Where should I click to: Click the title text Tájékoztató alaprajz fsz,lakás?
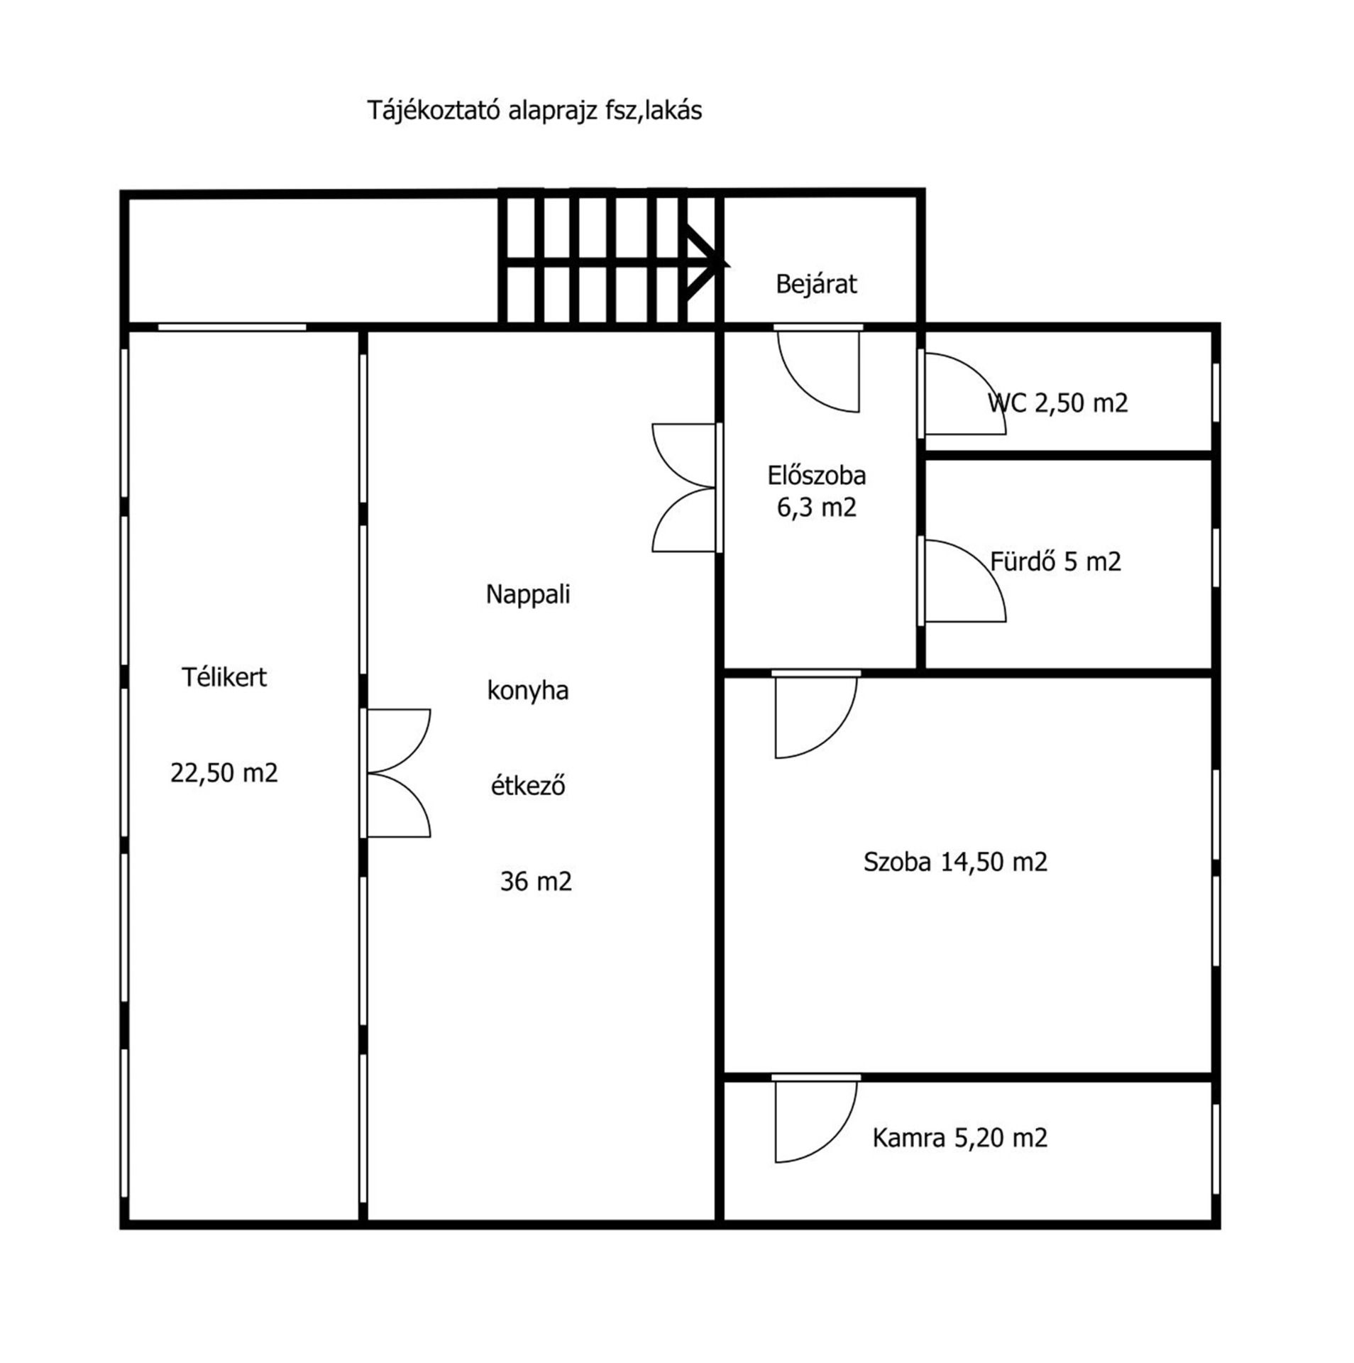(x=534, y=111)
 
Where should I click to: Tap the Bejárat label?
(x=816, y=284)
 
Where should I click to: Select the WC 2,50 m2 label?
(x=1057, y=403)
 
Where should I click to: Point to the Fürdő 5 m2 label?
(x=1055, y=562)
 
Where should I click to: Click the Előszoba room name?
(x=816, y=475)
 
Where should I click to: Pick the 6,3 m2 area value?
(x=816, y=508)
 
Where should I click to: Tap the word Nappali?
(x=528, y=594)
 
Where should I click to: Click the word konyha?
(x=528, y=690)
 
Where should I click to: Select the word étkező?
(x=528, y=786)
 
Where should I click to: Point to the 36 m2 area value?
(x=536, y=881)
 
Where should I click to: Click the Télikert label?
(x=224, y=677)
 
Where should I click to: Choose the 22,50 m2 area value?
(x=224, y=772)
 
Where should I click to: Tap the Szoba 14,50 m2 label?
(x=955, y=862)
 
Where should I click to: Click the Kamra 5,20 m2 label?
(x=959, y=1138)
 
